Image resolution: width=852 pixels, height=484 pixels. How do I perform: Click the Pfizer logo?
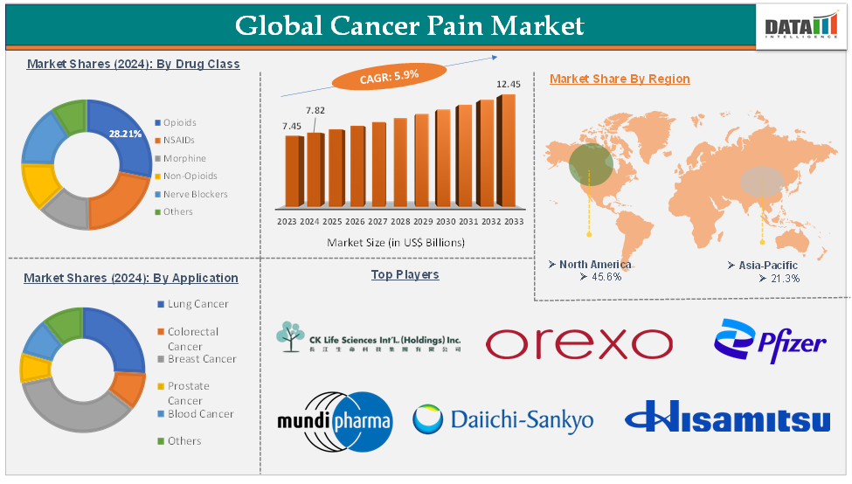click(x=769, y=342)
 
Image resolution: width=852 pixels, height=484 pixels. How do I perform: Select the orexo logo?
click(x=578, y=343)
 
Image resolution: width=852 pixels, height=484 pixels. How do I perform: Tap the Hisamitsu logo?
click(x=727, y=417)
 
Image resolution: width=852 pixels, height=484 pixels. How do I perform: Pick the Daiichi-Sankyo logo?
click(x=502, y=419)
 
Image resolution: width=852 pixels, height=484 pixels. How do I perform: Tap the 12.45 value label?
click(x=509, y=84)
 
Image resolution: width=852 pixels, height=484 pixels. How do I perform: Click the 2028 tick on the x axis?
click(x=398, y=222)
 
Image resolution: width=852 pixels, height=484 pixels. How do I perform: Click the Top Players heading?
click(x=405, y=274)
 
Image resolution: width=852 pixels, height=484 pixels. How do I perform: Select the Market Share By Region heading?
click(x=620, y=79)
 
